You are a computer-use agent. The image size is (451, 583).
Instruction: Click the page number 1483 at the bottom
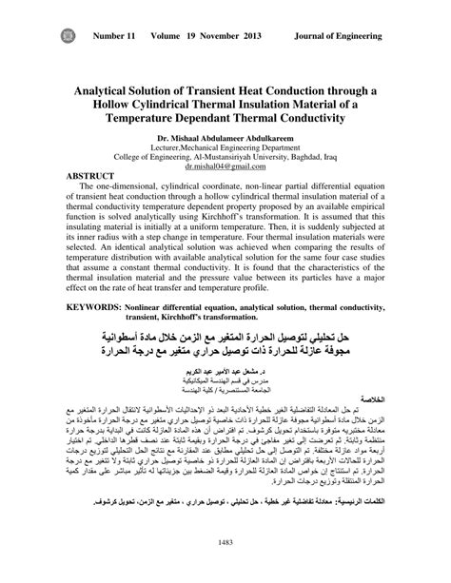(226, 569)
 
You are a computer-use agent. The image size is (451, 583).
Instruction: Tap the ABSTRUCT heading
(89, 177)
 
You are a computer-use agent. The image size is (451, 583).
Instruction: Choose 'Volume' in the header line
(175, 37)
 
